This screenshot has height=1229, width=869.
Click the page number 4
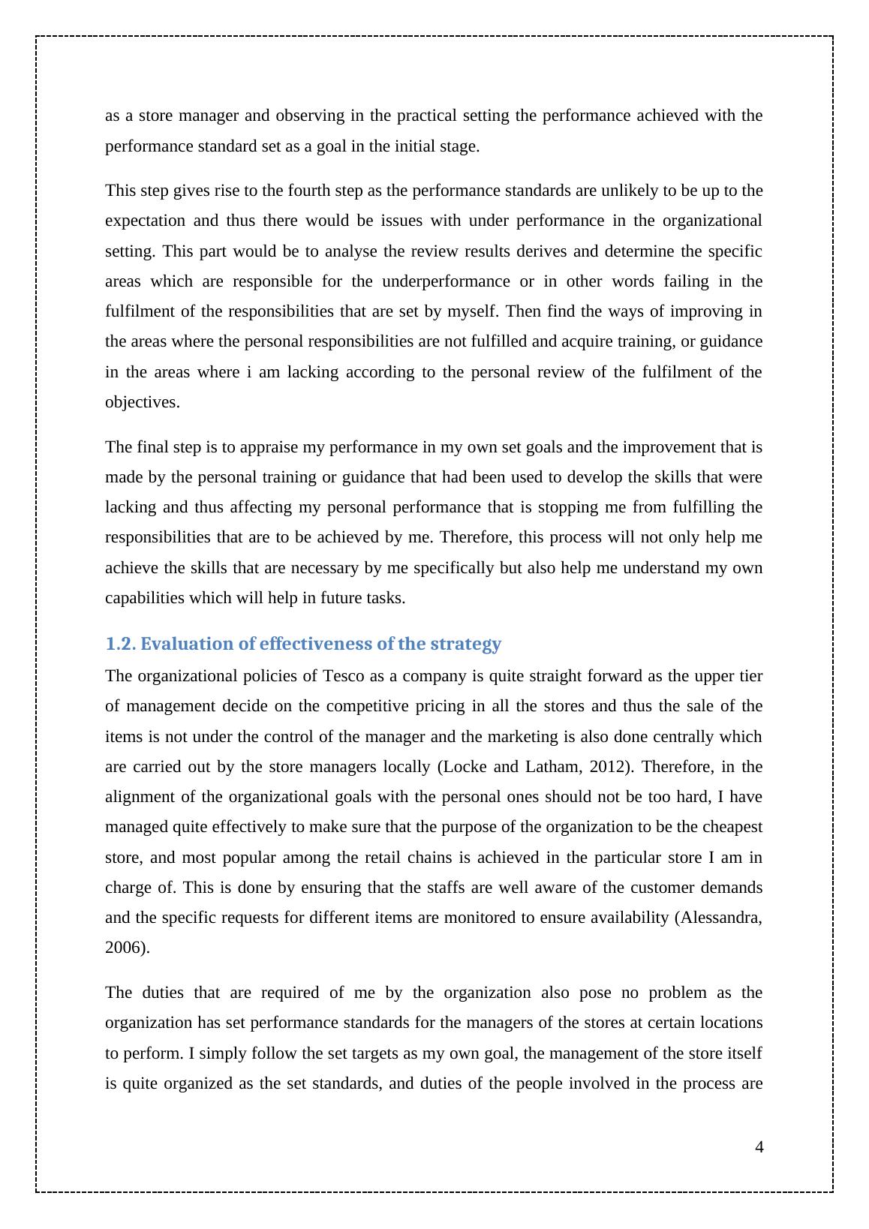(x=759, y=1146)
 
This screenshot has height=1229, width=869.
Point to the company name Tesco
(x=344, y=676)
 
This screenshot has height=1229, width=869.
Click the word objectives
(x=141, y=402)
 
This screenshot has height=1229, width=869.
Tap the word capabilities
(x=145, y=598)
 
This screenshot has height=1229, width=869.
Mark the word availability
(x=631, y=918)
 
